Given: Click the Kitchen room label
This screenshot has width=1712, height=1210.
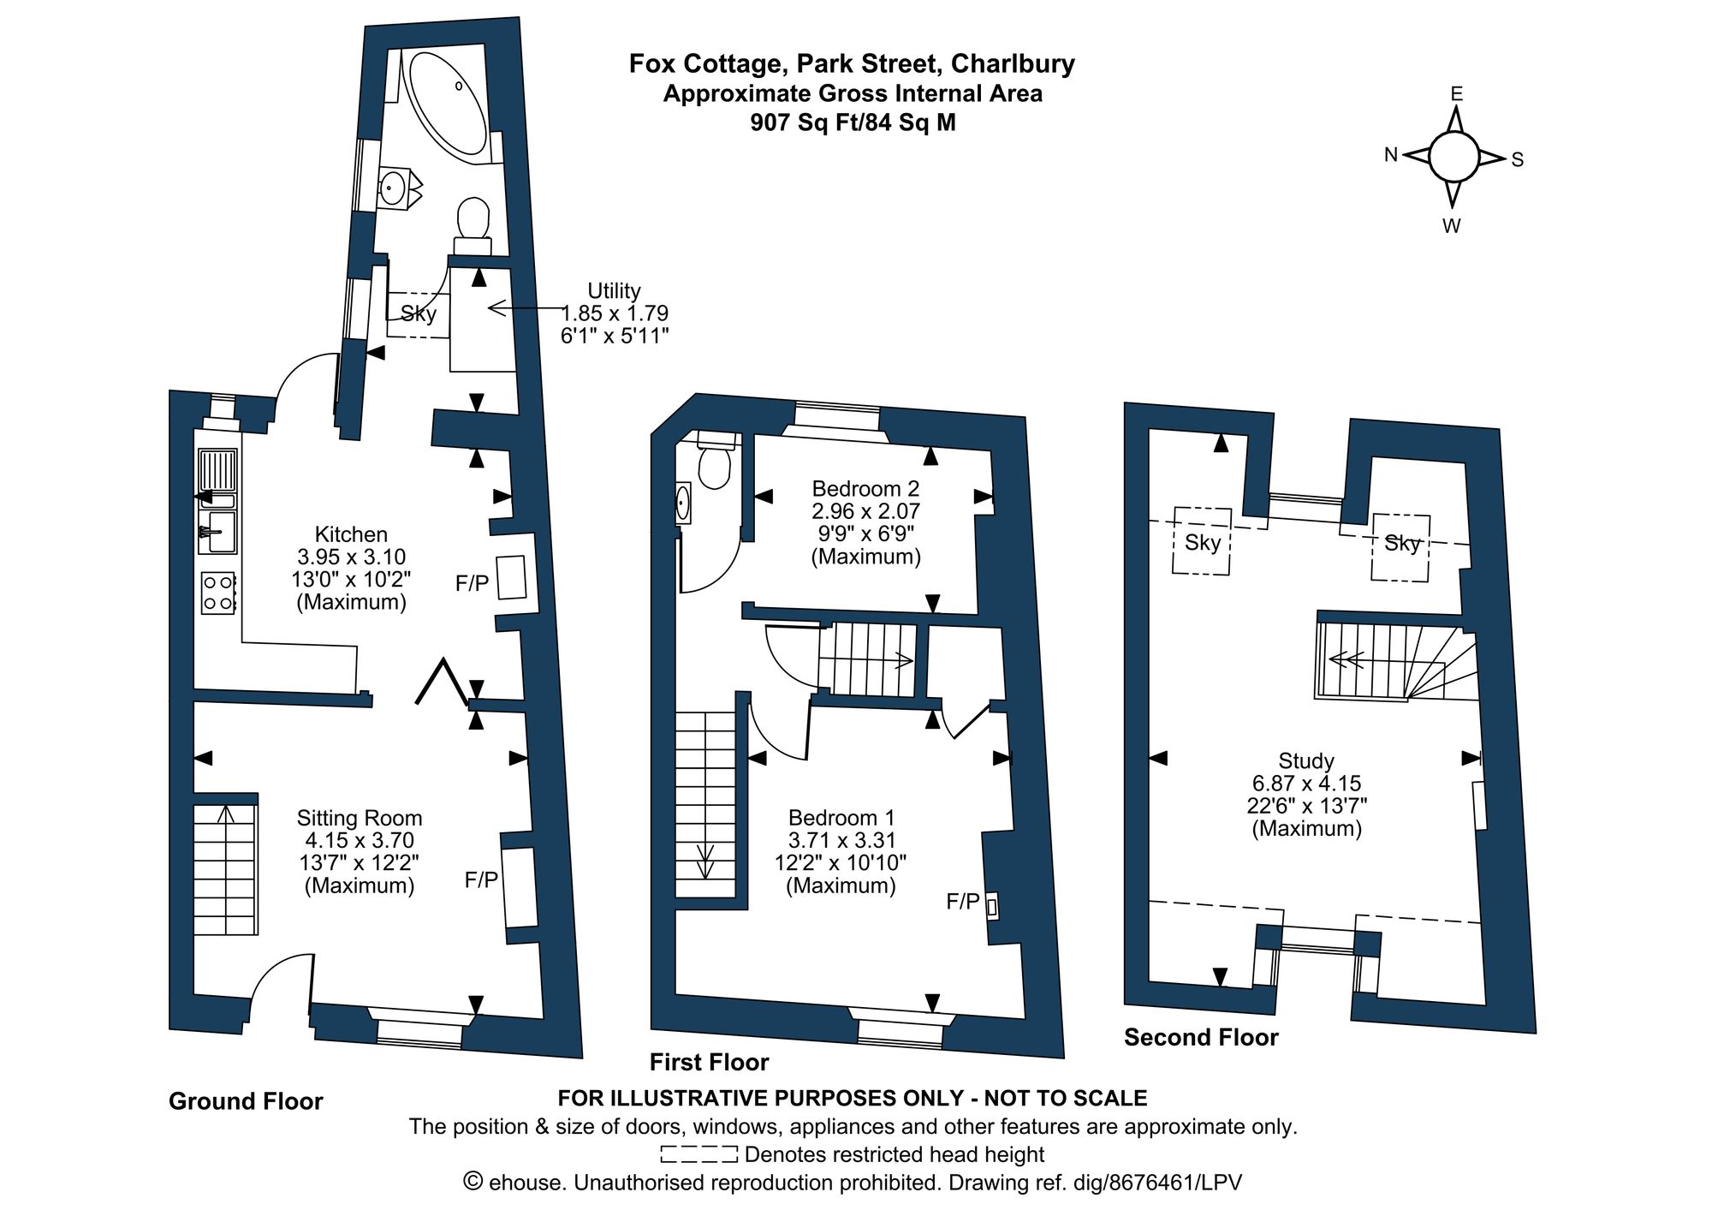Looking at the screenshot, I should click(x=351, y=534).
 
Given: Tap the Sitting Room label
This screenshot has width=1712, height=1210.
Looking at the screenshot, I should click(x=360, y=818).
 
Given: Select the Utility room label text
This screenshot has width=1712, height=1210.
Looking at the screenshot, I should click(x=614, y=290).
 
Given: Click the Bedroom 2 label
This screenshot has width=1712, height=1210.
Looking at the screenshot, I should click(x=865, y=489).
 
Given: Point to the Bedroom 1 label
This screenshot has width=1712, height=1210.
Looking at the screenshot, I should click(x=841, y=818).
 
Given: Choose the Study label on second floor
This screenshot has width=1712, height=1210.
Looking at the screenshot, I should click(x=1306, y=760).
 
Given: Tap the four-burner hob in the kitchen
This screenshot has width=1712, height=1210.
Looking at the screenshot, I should click(x=218, y=593).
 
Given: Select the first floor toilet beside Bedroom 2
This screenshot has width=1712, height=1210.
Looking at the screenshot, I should click(x=714, y=463).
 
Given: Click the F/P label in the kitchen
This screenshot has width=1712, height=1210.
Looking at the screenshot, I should click(x=473, y=584).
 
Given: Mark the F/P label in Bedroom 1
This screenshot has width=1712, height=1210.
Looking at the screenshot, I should click(x=962, y=901).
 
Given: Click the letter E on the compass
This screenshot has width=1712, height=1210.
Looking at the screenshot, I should click(x=1456, y=94).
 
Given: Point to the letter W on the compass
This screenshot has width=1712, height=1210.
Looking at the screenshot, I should click(x=1452, y=227).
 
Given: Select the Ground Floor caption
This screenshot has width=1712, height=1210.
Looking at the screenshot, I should click(x=246, y=1101).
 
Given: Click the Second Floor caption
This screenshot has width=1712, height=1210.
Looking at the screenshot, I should click(x=1201, y=1038).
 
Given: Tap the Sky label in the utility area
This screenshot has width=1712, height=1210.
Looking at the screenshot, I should click(x=419, y=313).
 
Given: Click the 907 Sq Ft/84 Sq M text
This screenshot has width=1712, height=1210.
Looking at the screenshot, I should click(x=853, y=122).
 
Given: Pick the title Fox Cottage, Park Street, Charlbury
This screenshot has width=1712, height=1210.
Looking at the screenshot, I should click(x=852, y=64).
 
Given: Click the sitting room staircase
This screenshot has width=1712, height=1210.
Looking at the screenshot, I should click(x=225, y=869).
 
